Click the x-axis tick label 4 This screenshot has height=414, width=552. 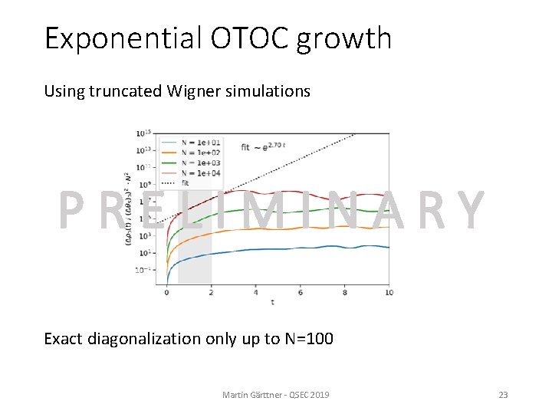pos(256,292)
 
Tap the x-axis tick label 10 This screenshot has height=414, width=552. pos(389,292)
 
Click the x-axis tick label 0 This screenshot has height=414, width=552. pos(167,292)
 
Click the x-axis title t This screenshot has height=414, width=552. pos(272,302)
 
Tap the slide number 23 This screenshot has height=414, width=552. pos(503,394)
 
